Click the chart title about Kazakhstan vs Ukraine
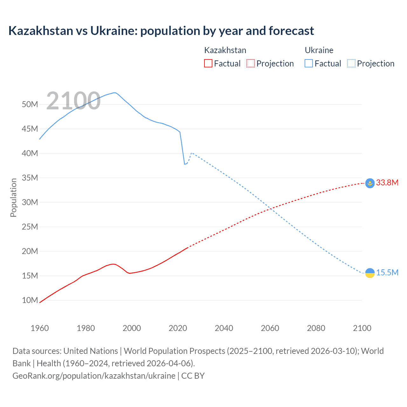click(x=161, y=31)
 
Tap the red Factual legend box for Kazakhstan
click(x=208, y=63)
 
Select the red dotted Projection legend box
click(x=251, y=63)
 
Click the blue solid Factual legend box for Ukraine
click(x=309, y=63)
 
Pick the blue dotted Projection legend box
click(x=351, y=63)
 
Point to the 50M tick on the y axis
click(x=30, y=104)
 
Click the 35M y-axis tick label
click(x=30, y=178)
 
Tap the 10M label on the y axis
click(x=30, y=300)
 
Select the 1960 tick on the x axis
click(x=40, y=328)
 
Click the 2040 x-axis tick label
click(x=224, y=328)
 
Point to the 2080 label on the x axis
click(x=316, y=328)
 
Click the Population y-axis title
click(x=13, y=197)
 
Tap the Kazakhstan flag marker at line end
click(x=370, y=183)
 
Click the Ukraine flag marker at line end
click(x=370, y=273)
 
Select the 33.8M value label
click(x=387, y=183)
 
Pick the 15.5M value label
click(x=387, y=273)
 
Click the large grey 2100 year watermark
click(x=73, y=101)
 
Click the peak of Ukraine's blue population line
click(x=114, y=93)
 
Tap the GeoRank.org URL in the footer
click(x=94, y=376)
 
